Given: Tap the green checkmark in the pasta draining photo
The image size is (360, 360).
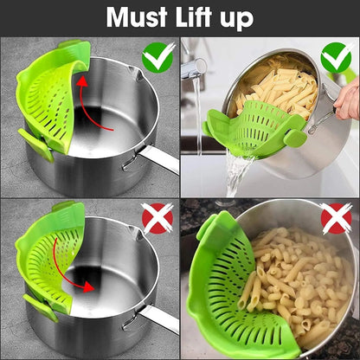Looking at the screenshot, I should [x=336, y=58].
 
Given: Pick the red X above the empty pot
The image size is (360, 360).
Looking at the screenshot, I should [x=157, y=217].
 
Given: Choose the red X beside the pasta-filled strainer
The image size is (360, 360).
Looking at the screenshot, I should [x=336, y=217].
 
